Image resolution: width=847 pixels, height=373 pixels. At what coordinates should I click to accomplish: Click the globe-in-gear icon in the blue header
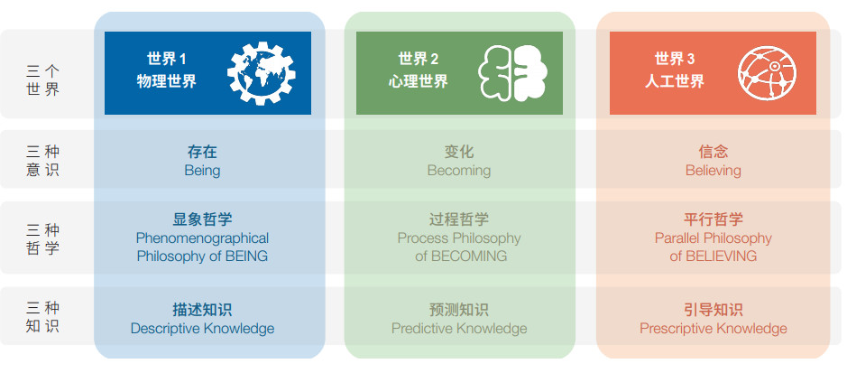click(262, 73)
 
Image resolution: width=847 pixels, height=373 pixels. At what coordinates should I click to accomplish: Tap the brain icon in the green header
click(512, 73)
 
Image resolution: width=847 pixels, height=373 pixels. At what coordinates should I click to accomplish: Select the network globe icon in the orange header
click(767, 73)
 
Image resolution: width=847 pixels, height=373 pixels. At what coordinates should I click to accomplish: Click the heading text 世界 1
click(166, 59)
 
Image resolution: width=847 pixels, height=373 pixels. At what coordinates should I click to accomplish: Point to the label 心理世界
click(419, 81)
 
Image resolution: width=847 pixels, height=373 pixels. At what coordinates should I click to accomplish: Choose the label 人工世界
click(675, 81)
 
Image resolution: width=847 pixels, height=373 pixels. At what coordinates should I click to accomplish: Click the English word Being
click(203, 171)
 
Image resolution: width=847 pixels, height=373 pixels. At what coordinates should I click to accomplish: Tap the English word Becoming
click(459, 171)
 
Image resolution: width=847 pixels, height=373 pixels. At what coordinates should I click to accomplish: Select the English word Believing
click(713, 171)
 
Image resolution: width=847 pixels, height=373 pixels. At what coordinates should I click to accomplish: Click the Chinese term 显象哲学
click(203, 219)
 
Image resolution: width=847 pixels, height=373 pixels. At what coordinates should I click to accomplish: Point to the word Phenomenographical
click(203, 238)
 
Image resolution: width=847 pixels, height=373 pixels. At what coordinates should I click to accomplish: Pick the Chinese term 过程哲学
click(459, 219)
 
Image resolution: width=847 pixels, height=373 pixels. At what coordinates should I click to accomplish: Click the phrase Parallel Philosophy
click(713, 238)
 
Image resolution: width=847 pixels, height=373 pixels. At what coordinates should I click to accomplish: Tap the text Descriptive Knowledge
click(203, 329)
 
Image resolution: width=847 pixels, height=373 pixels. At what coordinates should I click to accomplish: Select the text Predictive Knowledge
click(459, 329)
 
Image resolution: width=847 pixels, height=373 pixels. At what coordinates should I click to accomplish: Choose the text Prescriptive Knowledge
click(713, 329)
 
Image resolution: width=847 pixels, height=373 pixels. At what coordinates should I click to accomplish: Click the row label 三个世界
click(42, 80)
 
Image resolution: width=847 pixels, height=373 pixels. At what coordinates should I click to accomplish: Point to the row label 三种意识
click(42, 161)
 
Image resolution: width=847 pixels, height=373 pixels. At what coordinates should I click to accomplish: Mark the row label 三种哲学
click(42, 239)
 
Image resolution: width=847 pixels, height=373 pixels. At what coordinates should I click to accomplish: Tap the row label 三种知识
click(42, 317)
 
